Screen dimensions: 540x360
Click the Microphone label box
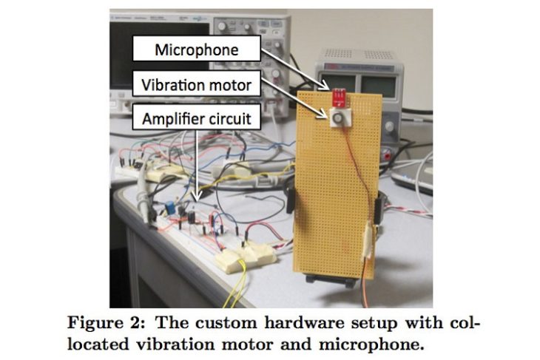coord(197,49)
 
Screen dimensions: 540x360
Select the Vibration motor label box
coord(197,84)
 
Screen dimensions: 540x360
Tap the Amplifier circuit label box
coord(197,118)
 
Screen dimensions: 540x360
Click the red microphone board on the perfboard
coord(339,96)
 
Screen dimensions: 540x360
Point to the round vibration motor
coord(337,118)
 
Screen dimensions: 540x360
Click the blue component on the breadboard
coord(169,208)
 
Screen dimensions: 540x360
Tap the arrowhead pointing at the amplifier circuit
coord(197,197)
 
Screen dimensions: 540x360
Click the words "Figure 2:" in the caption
coord(106,323)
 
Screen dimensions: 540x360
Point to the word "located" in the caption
coord(98,344)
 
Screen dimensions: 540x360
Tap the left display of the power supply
coord(337,84)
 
